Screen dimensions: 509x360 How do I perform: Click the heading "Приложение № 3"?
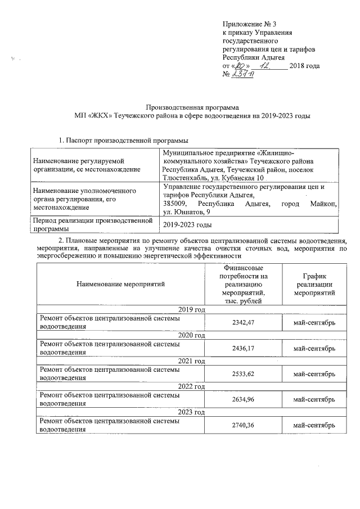250,25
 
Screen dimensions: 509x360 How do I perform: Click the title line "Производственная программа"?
192,107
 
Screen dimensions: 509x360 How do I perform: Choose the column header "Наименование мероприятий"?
121,285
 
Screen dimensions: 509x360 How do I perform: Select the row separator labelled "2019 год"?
191,310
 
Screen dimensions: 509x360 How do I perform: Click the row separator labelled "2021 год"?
191,361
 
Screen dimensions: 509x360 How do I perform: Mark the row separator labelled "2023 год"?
191,412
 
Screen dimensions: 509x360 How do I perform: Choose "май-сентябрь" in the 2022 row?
314,399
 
